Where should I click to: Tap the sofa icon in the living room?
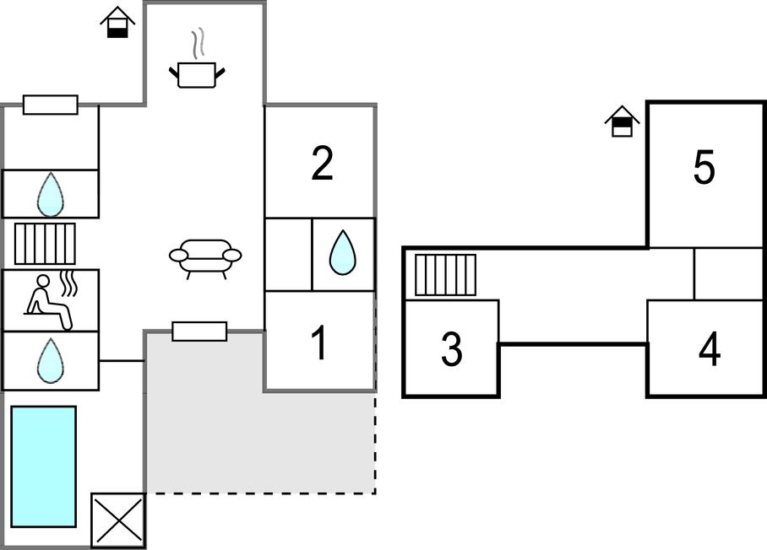(205, 257)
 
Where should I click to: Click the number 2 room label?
(322, 164)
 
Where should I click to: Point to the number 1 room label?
(319, 343)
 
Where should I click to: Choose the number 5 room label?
(704, 168)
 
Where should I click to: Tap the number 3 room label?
(452, 349)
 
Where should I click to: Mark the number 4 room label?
(710, 349)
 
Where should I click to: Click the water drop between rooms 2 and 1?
(342, 253)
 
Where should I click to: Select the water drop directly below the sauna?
(51, 360)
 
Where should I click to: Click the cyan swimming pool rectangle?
(44, 466)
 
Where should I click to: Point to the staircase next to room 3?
(445, 275)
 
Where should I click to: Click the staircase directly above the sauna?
(45, 244)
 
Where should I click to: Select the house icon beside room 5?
(623, 121)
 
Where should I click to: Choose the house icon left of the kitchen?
(118, 22)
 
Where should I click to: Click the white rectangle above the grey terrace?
(199, 332)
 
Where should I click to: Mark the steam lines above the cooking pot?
(199, 43)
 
